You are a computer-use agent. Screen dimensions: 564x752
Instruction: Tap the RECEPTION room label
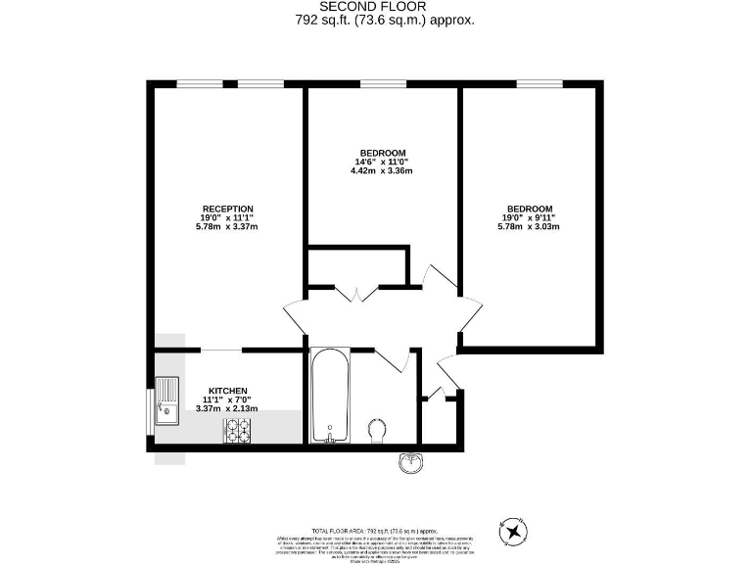pos(227,209)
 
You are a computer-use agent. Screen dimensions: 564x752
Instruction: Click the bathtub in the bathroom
pos(327,397)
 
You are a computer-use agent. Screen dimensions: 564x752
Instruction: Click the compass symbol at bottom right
pos(512,532)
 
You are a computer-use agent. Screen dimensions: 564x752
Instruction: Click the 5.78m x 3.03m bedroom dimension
pos(529,227)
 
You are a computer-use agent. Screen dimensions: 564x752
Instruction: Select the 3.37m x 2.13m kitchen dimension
pos(226,408)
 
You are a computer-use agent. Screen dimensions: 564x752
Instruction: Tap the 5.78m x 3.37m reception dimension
pos(227,227)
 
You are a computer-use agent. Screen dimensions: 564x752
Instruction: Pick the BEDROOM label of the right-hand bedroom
pos(529,209)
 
